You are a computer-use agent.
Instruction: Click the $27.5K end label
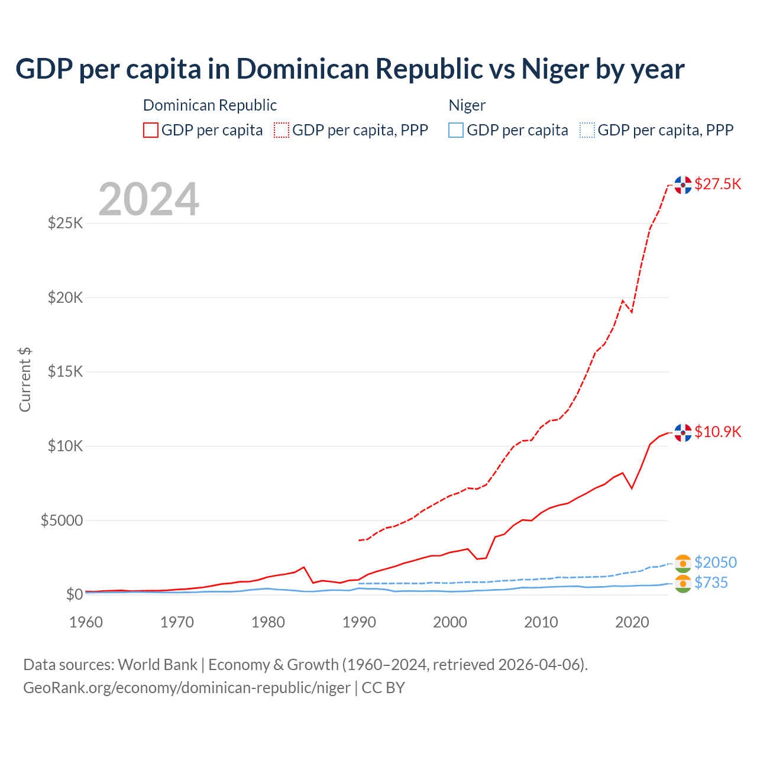717,184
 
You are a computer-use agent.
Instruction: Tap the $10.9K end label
717,432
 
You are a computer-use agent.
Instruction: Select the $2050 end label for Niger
715,562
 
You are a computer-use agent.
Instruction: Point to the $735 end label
711,583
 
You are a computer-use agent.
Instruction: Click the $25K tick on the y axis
65,224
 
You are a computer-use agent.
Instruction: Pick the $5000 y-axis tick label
62,520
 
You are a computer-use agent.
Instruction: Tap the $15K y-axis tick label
65,372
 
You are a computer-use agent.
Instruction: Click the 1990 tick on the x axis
359,622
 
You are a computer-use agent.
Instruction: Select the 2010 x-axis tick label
541,622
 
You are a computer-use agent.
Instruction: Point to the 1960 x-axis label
86,622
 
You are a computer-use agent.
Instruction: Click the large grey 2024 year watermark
148,199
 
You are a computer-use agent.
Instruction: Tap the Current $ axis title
25,379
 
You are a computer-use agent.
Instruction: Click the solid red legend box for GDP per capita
151,130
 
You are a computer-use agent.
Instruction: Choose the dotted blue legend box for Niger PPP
587,130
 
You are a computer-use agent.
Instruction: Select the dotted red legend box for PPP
282,130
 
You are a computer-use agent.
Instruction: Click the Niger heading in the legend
467,105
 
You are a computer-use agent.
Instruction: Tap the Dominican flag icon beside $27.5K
682,185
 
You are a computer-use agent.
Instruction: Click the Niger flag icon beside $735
682,584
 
